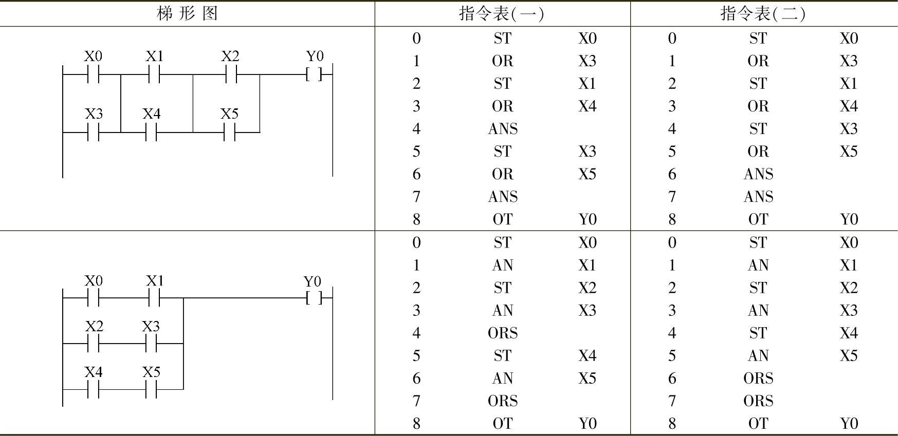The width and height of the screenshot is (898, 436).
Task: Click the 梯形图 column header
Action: click(x=187, y=13)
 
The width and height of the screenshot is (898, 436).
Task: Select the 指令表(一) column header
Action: click(x=502, y=13)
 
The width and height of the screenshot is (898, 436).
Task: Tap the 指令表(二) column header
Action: click(x=763, y=13)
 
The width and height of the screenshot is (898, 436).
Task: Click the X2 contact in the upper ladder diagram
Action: click(x=231, y=74)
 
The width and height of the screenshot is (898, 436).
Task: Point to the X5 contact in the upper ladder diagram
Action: click(x=229, y=132)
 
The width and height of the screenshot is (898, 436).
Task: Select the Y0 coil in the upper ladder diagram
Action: click(x=314, y=74)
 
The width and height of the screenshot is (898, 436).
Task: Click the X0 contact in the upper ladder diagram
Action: click(x=93, y=74)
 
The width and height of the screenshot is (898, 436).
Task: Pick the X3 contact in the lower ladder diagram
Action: click(x=151, y=344)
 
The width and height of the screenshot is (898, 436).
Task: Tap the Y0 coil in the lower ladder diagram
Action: click(x=314, y=298)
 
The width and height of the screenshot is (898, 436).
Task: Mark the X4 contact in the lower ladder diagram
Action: click(x=93, y=389)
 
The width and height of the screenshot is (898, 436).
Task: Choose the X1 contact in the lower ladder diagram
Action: click(x=154, y=298)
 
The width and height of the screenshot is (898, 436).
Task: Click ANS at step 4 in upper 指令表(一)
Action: click(x=502, y=129)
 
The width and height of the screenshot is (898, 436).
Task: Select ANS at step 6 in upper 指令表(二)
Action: click(x=758, y=174)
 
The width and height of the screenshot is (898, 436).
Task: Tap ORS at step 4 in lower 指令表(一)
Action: click(x=502, y=333)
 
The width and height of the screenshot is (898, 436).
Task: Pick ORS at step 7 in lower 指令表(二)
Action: click(x=758, y=401)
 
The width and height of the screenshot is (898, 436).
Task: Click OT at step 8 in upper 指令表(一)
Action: click(x=502, y=219)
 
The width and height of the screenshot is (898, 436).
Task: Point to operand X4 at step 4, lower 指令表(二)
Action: click(x=849, y=333)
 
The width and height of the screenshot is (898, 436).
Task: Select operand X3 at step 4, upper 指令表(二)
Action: click(x=849, y=129)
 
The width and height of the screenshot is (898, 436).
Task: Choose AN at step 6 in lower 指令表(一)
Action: click(x=502, y=378)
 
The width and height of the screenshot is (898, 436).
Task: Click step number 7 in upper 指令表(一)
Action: click(x=416, y=197)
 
